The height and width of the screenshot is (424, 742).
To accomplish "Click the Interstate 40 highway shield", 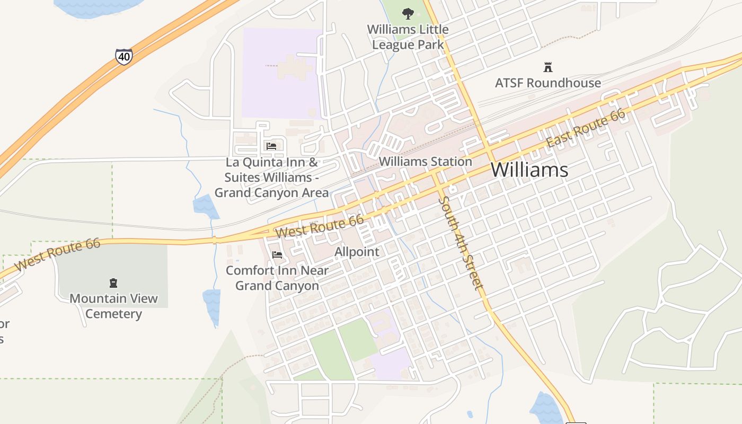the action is (x=124, y=56).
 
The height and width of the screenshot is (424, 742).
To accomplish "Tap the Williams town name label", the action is (x=529, y=170).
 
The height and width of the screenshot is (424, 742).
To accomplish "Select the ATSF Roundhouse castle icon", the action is (x=548, y=67).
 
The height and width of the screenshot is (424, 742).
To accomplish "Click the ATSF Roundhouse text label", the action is (x=548, y=83).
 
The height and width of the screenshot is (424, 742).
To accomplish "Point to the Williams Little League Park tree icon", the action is (x=408, y=13).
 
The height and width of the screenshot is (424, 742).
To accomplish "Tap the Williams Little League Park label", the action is (x=408, y=37).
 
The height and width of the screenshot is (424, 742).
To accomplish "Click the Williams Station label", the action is (x=426, y=162).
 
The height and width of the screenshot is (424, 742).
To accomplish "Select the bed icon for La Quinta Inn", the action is (x=271, y=146).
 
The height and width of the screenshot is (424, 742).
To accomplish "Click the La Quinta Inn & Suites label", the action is (x=271, y=178).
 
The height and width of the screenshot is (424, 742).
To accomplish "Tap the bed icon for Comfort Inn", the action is (x=277, y=255).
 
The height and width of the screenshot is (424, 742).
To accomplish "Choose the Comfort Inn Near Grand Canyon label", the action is (x=277, y=278).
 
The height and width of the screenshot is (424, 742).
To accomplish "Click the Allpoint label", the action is (x=357, y=252).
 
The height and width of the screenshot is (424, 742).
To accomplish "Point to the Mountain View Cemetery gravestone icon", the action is (x=113, y=283).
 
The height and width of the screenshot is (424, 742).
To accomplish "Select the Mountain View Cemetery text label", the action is (x=113, y=306).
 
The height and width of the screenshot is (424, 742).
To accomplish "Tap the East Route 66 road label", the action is (x=586, y=129).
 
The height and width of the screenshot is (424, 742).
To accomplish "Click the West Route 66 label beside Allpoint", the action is (x=319, y=226).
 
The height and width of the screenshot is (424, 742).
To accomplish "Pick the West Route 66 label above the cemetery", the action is (x=57, y=255).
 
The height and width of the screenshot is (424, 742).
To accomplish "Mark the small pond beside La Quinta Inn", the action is (x=206, y=206).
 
